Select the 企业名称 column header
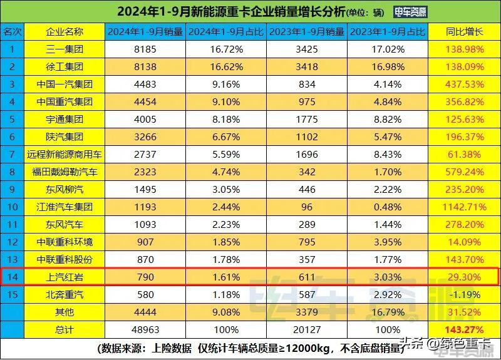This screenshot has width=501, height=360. (64, 31)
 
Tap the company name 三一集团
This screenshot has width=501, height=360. (64, 48)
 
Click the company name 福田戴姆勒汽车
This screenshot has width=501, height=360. (64, 172)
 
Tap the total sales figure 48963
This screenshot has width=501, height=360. (145, 329)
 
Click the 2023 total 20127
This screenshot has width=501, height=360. (307, 329)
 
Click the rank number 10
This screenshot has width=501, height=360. (12, 207)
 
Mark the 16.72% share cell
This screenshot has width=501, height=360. (226, 48)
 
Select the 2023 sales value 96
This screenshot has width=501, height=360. (307, 207)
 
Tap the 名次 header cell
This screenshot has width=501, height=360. (12, 31)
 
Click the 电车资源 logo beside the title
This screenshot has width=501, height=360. (410, 11)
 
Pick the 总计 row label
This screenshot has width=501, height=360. (64, 329)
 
